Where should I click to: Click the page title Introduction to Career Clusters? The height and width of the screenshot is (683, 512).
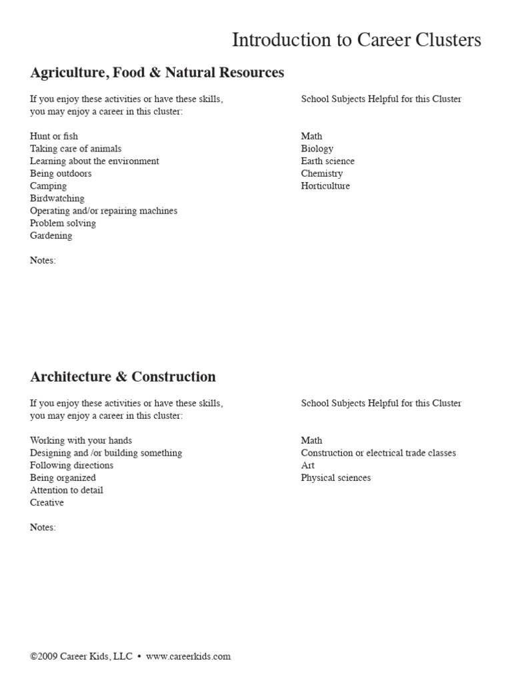pos(356,41)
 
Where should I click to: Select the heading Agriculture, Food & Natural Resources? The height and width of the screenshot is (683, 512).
pos(157,72)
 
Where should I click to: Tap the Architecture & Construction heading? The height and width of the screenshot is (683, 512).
pos(123,377)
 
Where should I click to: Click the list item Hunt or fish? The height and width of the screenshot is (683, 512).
pos(54,136)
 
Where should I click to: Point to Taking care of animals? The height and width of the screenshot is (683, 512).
pos(76,149)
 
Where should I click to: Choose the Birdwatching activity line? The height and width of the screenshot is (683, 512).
pos(57,198)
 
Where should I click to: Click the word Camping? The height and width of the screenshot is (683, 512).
pos(49,186)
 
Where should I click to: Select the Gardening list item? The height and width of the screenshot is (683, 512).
pos(51,235)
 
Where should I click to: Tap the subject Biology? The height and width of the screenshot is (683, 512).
pos(317,149)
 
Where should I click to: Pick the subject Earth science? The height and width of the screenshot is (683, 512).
pos(328,161)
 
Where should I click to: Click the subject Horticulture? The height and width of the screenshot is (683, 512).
pos(325,186)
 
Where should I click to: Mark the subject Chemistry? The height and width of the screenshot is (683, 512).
pos(322,173)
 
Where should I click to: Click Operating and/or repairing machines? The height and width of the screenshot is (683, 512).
pos(104,211)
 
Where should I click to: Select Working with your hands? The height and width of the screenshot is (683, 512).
pos(81,440)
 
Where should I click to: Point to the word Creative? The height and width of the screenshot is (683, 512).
pos(47,502)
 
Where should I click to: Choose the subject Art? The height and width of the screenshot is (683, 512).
pos(308,465)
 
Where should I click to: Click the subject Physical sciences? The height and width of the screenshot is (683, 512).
pos(336,478)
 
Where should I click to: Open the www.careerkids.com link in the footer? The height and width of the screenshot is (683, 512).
pos(188,656)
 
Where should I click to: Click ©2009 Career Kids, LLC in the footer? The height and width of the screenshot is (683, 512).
pos(81,656)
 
